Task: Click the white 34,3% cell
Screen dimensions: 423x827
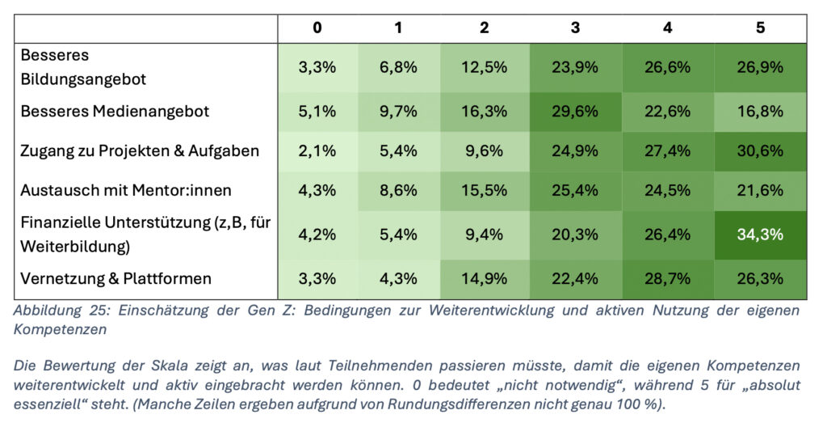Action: click(x=760, y=235)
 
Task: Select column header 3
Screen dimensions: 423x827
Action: click(x=575, y=27)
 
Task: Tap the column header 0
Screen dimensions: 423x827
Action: click(x=317, y=27)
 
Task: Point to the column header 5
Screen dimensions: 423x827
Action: click(x=760, y=27)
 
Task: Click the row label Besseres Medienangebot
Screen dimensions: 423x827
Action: click(x=115, y=112)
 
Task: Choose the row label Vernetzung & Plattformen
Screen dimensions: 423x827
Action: click(x=116, y=278)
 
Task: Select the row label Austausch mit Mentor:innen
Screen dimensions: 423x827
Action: click(x=126, y=190)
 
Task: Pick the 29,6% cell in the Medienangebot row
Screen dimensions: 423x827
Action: click(x=575, y=112)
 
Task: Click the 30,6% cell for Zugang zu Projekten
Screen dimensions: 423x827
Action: click(x=760, y=150)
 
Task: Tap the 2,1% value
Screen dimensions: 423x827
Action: click(x=317, y=150)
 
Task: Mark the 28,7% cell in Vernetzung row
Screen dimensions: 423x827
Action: click(x=667, y=278)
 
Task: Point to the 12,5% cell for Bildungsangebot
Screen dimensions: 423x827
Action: click(x=484, y=67)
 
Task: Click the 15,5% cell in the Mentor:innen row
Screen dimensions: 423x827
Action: click(x=484, y=190)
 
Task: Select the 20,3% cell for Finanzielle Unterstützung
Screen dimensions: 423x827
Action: click(x=575, y=235)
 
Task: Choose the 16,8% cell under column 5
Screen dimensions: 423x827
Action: click(x=760, y=112)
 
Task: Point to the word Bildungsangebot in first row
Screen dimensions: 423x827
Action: click(x=83, y=79)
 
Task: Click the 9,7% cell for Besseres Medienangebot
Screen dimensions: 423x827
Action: click(x=398, y=112)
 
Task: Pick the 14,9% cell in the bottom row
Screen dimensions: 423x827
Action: click(x=484, y=278)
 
